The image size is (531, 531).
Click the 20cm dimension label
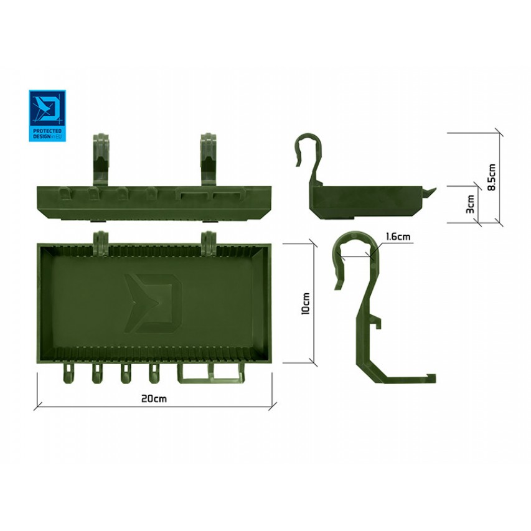154,398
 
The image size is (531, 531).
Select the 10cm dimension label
306,304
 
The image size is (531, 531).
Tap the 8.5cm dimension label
492,177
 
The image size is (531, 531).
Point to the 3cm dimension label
471,204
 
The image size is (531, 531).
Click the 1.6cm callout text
398,236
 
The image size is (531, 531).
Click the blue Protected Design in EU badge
47,116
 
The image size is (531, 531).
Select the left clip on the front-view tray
101,159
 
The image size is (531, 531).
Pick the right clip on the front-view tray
209,159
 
